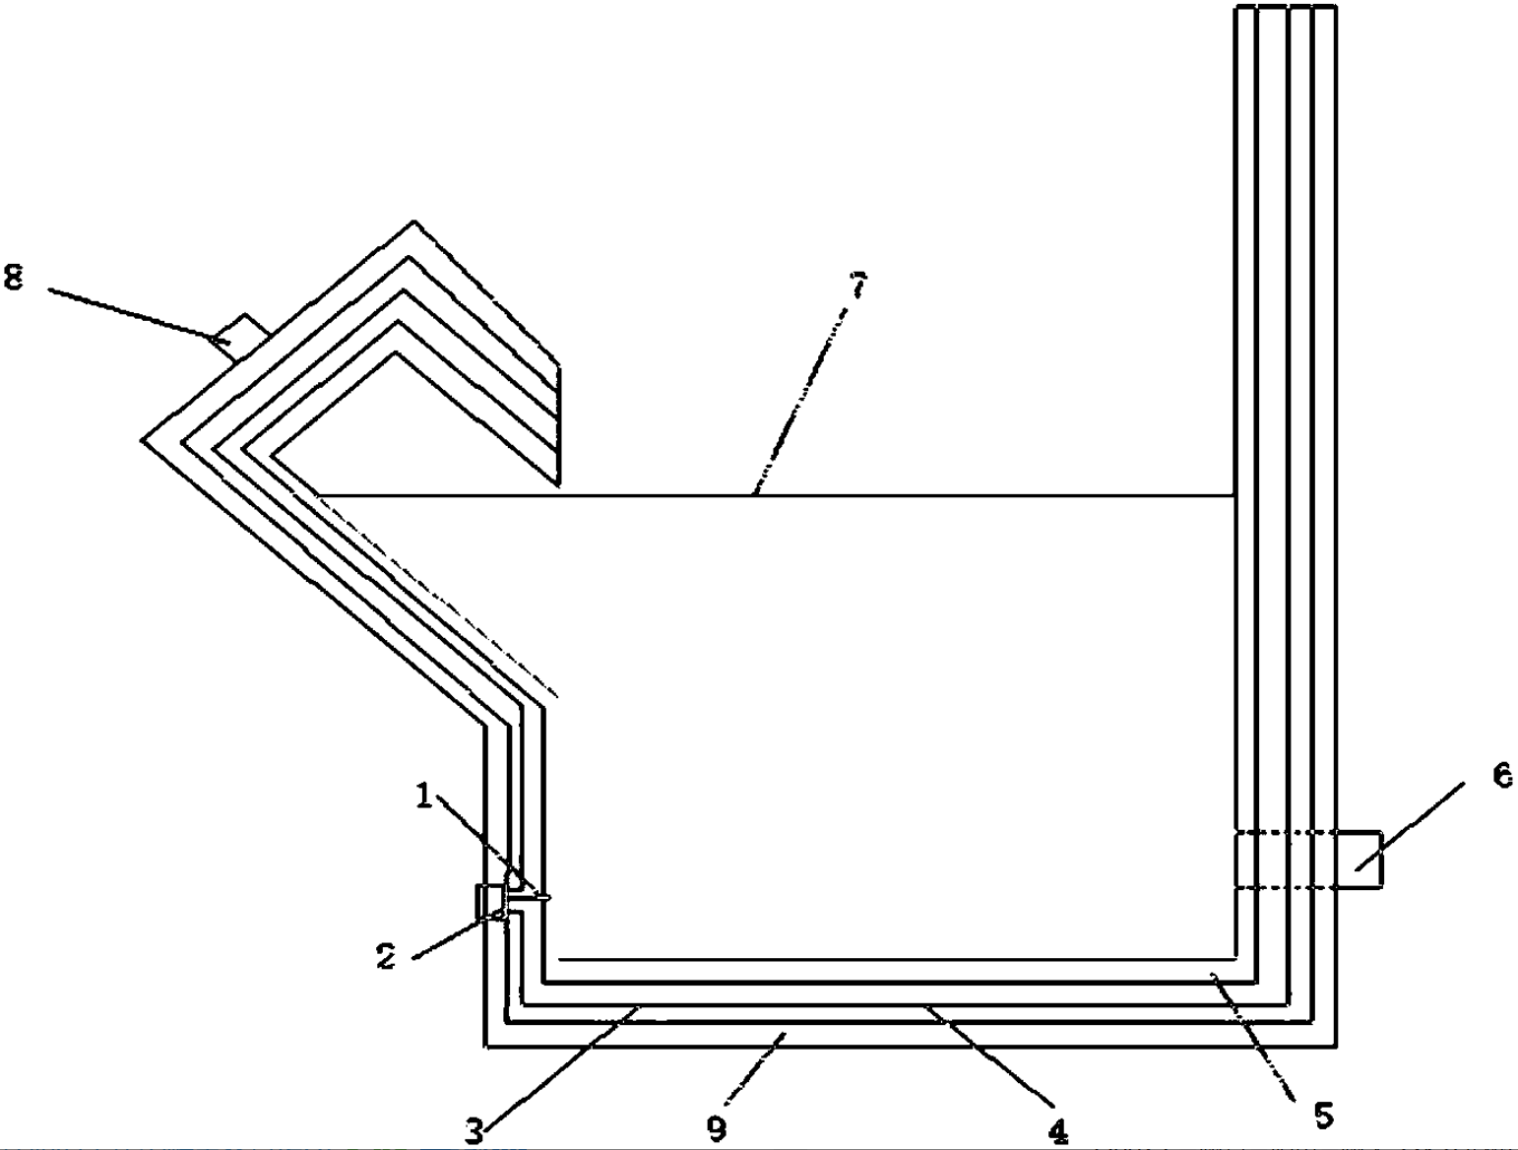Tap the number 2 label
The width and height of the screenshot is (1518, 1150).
387,955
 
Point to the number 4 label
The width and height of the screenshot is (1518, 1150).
1058,1132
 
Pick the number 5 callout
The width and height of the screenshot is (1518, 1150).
1322,1116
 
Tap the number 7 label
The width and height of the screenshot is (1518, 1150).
858,285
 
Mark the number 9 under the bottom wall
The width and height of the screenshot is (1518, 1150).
718,1128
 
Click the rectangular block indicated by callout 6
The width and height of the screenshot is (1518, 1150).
1360,860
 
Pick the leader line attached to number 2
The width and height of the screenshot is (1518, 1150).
448,936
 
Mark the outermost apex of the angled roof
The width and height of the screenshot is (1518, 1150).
413,223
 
